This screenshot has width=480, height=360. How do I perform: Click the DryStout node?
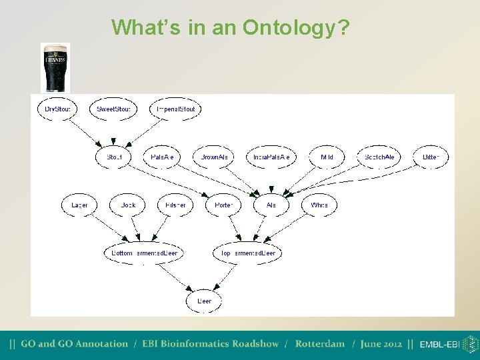57,109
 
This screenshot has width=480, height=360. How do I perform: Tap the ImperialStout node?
175,109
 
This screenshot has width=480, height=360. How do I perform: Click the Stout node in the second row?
115,157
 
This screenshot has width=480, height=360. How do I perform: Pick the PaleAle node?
162,157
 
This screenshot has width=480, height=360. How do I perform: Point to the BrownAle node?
214,157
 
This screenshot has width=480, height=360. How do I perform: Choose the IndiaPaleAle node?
271,157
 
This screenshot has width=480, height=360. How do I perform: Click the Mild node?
327,157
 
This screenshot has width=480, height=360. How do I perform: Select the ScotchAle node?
379,157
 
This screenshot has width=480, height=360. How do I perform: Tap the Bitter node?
431,157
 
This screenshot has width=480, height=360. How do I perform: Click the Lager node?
79,205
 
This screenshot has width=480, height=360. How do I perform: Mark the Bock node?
128,205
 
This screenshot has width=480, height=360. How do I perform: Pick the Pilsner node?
175,205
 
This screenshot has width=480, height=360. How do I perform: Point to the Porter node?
223,205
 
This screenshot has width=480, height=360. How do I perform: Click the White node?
319,205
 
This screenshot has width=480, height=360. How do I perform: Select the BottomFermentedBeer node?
145,253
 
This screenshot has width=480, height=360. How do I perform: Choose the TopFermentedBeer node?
248,253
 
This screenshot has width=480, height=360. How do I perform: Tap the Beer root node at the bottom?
204,301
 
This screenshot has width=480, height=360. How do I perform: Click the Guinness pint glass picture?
55,67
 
